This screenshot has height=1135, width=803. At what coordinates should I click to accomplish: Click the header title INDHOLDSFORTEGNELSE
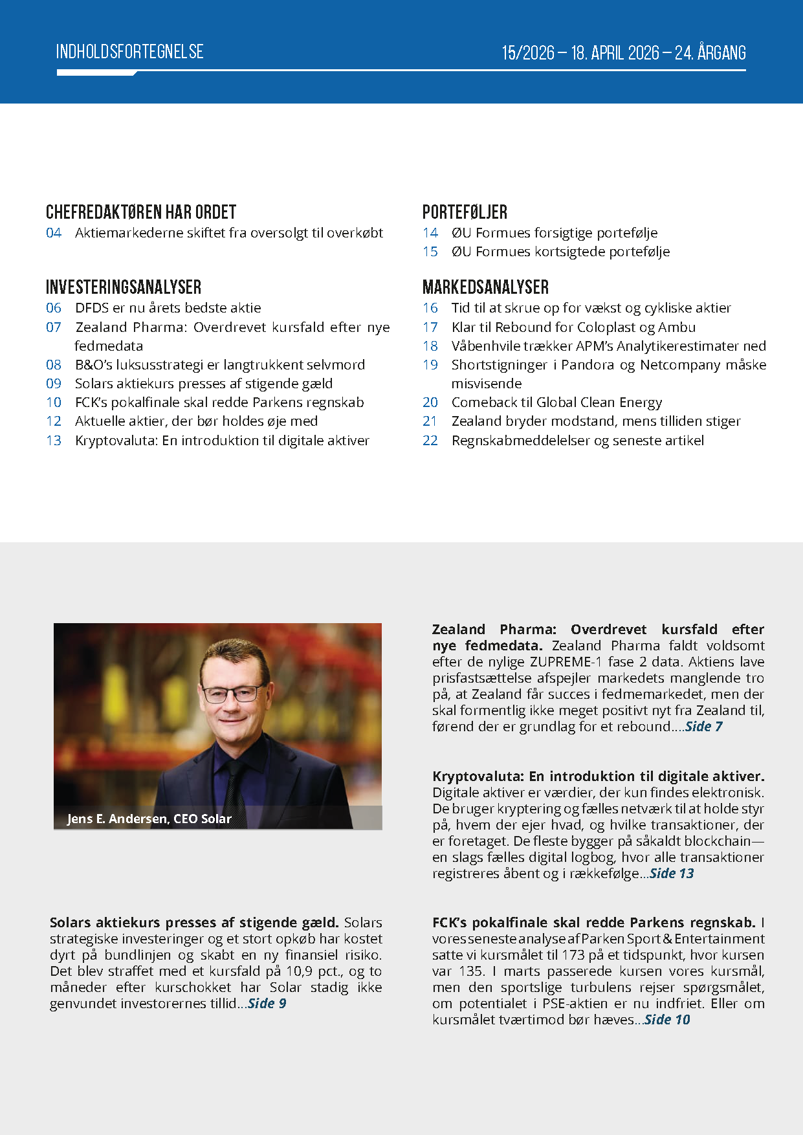click(x=129, y=52)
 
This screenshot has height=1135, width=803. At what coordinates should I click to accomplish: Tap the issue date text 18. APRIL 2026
click(x=615, y=52)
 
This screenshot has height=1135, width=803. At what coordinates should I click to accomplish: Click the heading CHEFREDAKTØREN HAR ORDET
click(x=140, y=212)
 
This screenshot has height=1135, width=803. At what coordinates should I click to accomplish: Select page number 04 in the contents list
click(x=54, y=233)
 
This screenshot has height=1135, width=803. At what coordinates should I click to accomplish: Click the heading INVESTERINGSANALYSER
click(x=123, y=287)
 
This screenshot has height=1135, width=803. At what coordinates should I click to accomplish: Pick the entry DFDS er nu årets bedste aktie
click(x=168, y=308)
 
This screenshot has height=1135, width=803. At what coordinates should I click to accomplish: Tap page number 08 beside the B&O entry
click(x=54, y=365)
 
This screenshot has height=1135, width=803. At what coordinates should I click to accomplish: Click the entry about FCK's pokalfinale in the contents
click(x=219, y=402)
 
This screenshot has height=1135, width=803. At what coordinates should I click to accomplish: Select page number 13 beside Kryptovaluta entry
click(x=54, y=441)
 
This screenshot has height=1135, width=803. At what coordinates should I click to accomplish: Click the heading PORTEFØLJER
click(x=465, y=212)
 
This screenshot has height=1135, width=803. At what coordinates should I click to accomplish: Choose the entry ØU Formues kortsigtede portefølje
click(x=560, y=252)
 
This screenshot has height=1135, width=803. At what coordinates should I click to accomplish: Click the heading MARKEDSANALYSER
click(x=485, y=287)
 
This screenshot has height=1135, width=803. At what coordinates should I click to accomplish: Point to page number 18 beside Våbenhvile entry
click(x=430, y=346)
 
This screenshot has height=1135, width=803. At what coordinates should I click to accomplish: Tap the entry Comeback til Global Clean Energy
click(x=556, y=402)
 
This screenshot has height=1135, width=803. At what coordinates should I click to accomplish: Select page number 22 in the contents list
click(x=430, y=441)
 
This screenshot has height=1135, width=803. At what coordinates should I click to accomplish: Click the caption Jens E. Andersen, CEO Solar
click(x=149, y=819)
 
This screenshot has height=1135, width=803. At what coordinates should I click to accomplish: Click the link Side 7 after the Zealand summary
click(x=703, y=727)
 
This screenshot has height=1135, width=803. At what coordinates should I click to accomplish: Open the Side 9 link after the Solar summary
click(x=267, y=1004)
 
